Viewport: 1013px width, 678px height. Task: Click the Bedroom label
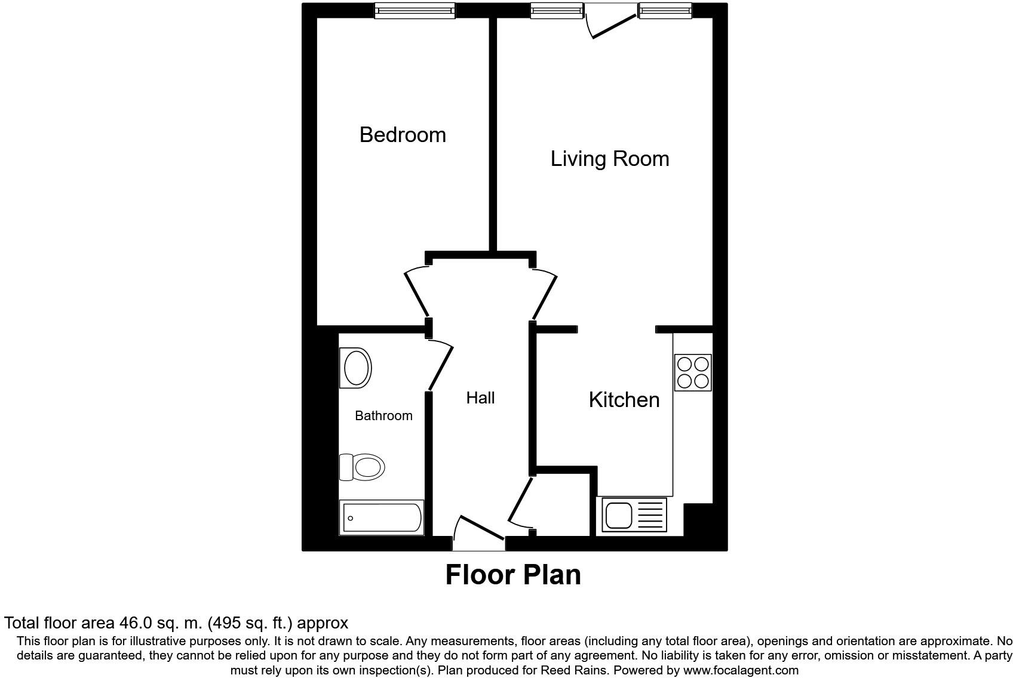point(403,135)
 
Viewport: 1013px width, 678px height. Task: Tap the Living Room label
point(609,159)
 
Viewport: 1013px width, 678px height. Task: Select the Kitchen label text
point(624,400)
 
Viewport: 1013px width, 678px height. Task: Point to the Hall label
point(480,398)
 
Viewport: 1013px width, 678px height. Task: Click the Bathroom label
point(383,416)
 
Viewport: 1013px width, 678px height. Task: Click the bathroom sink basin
point(357,368)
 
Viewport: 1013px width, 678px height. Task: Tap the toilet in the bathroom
point(363,467)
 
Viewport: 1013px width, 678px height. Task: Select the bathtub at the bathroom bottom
point(382,517)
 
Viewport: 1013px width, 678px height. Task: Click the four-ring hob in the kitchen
point(693,372)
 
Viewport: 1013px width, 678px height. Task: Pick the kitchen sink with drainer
point(634,514)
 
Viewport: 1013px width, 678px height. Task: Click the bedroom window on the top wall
point(415,10)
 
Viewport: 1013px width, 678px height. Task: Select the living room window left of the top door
point(557,10)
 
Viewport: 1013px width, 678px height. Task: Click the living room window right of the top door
point(665,10)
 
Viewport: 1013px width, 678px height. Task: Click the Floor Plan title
point(513,575)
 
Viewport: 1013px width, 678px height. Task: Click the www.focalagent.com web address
point(741,670)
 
